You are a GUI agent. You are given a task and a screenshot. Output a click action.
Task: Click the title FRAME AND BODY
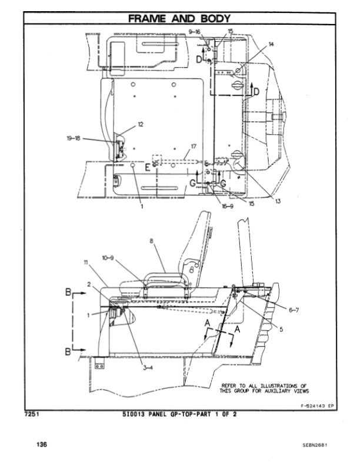pyautogui.click(x=179, y=19)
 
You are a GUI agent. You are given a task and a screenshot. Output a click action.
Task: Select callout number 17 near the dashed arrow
pyautogui.click(x=194, y=145)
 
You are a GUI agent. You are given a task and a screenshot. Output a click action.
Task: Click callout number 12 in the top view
pyautogui.click(x=141, y=124)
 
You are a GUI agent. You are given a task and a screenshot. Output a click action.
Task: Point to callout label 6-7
pyautogui.click(x=294, y=310)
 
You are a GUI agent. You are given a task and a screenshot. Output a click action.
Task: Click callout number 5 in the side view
pyautogui.click(x=281, y=329)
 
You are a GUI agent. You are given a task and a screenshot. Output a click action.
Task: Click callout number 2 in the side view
pyautogui.click(x=89, y=284)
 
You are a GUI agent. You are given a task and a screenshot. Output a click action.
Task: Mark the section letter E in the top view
pyautogui.click(x=147, y=168)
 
